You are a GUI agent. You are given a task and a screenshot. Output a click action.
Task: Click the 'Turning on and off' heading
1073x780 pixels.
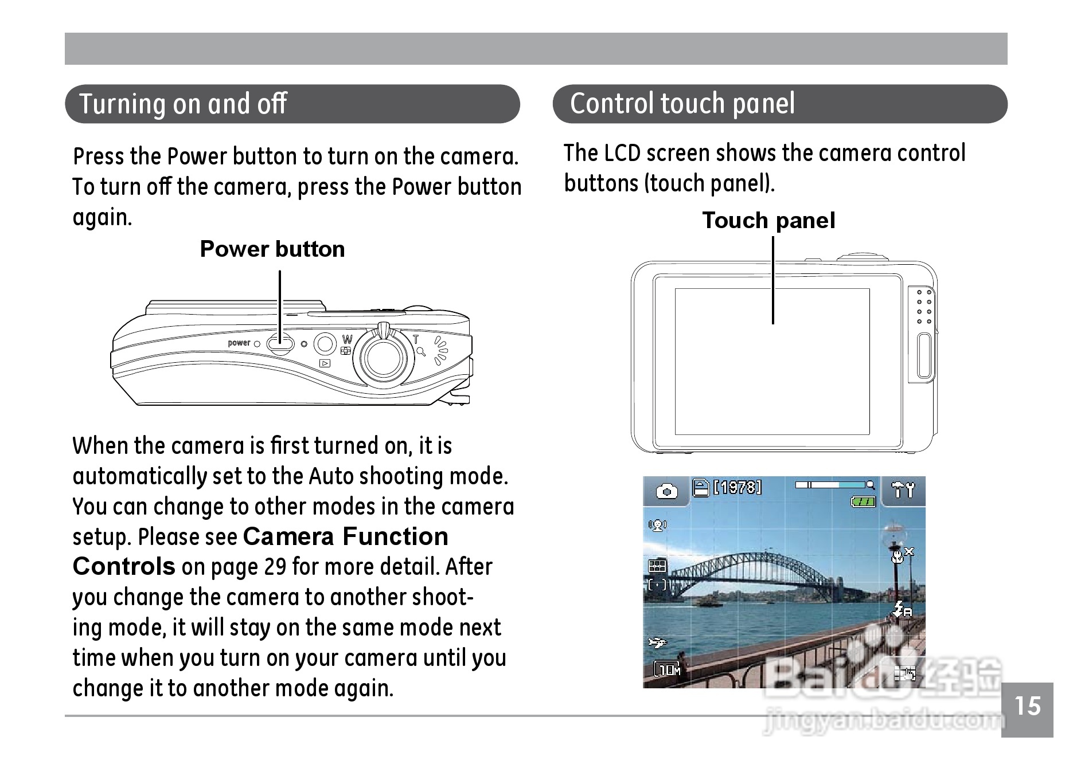pos(183,104)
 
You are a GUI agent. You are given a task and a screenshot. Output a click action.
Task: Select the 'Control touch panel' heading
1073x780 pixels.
pos(682,104)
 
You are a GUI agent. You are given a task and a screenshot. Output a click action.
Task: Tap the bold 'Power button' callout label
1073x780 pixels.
pos(272,249)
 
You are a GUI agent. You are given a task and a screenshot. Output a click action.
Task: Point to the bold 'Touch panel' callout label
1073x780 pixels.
pos(768,221)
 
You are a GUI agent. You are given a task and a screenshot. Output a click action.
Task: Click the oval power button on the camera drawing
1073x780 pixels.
pos(280,344)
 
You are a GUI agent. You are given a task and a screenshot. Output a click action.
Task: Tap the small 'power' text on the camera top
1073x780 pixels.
pos(239,343)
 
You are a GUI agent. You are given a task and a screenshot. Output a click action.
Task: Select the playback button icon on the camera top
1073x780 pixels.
pos(325,363)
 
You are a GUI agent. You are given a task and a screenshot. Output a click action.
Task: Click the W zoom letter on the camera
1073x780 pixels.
pos(347,339)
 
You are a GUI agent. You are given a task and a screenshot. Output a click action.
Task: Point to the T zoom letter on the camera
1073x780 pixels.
pos(416,339)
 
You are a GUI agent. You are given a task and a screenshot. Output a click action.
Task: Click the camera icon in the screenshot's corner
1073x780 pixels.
pos(666,491)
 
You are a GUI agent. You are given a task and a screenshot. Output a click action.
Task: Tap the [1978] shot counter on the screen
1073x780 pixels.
pos(738,487)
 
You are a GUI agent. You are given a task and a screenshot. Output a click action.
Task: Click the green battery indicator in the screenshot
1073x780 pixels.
pos(863,502)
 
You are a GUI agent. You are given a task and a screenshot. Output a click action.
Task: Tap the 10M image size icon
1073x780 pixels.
pos(668,669)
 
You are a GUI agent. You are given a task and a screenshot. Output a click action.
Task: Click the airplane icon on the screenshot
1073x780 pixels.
pos(657,642)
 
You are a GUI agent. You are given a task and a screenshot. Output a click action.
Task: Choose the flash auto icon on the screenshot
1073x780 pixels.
pos(903,609)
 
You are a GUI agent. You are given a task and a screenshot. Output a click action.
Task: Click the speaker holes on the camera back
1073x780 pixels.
pos(923,307)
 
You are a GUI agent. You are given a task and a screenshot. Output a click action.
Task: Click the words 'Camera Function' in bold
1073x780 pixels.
pos(345,537)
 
